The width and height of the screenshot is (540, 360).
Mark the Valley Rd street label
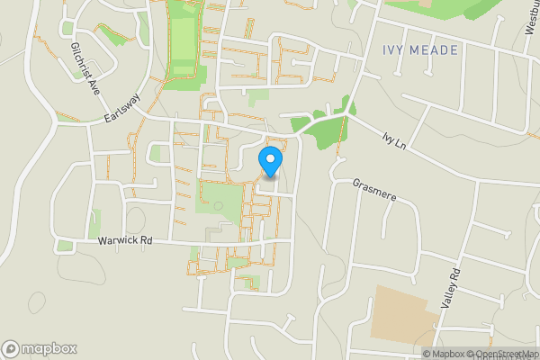pos(450,289)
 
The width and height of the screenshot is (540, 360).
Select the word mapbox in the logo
pos(49,348)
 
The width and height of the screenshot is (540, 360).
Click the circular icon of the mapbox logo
pos(11,348)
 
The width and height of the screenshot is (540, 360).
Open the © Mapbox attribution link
pos(443,354)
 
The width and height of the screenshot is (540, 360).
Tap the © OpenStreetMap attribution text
pos(501,354)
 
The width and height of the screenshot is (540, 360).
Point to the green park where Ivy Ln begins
pos(320,130)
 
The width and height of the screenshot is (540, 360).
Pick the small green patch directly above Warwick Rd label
pos(94,221)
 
